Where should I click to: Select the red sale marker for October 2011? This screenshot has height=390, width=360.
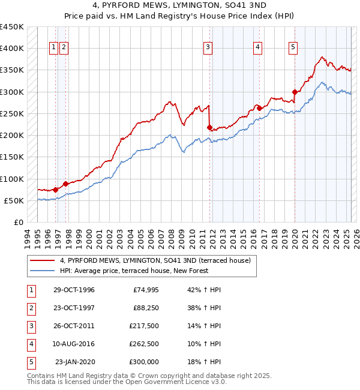click(x=209, y=128)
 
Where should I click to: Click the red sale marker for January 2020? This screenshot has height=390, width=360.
click(x=295, y=92)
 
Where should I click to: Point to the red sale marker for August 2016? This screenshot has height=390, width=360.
click(x=257, y=108)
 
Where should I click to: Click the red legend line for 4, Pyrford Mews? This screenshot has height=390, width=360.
click(x=43, y=260)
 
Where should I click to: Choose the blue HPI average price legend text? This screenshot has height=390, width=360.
click(x=134, y=271)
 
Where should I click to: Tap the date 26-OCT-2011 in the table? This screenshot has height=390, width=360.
click(x=74, y=326)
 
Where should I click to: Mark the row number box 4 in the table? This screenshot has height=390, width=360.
click(x=30, y=344)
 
